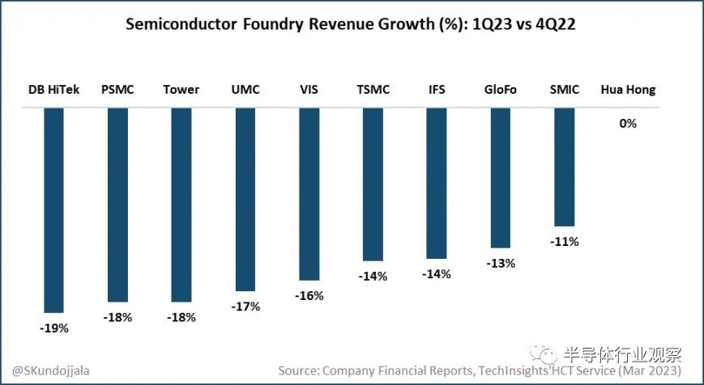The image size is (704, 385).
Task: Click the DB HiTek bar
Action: (53, 209)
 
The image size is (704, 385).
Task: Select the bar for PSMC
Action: (117, 205)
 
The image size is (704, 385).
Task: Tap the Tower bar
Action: (181, 205)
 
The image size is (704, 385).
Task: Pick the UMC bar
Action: (245, 199)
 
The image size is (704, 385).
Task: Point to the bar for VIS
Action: (309, 194)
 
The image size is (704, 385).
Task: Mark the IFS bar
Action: (437, 184)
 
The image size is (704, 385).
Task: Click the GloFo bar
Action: (500, 178)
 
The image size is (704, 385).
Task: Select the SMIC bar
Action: (564, 167)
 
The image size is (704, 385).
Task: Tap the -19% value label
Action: (53, 328)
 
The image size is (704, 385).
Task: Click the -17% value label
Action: (245, 307)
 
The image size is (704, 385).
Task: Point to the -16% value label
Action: (309, 296)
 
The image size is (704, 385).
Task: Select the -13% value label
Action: (500, 264)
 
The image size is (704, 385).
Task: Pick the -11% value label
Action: (564, 242)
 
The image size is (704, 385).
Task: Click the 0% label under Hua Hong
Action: (628, 124)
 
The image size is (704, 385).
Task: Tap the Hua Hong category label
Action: (628, 90)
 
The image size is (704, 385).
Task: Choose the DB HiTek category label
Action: (53, 90)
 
